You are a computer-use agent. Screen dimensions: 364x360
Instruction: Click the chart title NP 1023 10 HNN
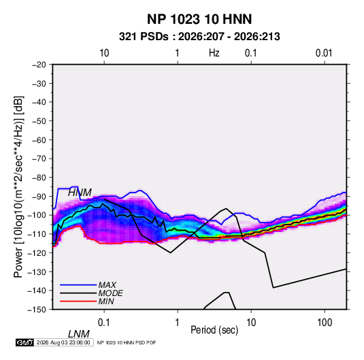199,19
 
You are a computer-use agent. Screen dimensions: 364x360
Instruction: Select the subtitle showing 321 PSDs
199,37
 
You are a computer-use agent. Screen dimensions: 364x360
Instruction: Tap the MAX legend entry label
107,284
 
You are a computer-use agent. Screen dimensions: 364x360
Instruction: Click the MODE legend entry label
110,293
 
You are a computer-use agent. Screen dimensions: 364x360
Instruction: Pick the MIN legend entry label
106,301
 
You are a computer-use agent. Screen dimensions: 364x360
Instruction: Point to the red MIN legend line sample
78,301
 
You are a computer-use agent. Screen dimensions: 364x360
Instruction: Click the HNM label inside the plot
80,193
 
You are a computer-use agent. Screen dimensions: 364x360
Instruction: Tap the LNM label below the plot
78,334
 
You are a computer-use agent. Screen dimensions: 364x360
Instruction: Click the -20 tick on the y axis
39,65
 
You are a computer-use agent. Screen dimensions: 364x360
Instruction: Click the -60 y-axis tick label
39,140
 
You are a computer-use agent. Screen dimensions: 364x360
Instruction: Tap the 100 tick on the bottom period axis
325,323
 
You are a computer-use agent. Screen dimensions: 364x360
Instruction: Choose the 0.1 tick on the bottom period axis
103,323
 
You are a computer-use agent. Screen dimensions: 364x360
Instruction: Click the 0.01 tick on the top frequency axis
324,53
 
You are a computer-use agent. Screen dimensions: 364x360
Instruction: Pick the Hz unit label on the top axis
214,53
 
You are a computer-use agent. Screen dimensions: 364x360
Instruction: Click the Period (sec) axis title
214,330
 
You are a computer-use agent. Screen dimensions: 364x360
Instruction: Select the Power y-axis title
18,187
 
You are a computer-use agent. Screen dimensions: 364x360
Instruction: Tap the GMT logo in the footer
25,342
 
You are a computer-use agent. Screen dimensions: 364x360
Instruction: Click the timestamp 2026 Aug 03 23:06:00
63,342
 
